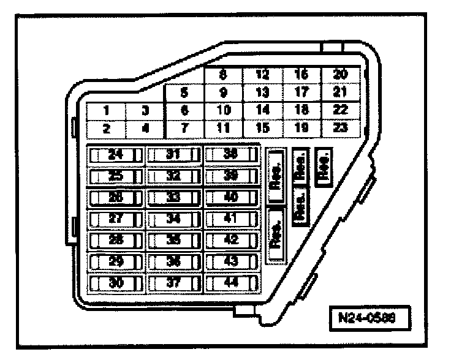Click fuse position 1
click(106, 111)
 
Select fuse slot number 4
click(145, 129)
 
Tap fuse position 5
click(184, 94)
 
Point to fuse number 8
click(223, 75)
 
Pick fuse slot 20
click(341, 75)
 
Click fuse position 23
click(341, 129)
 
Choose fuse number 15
click(262, 129)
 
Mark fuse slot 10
click(223, 111)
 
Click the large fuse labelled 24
click(116, 155)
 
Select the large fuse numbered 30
click(116, 283)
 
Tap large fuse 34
click(174, 219)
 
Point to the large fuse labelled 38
click(231, 155)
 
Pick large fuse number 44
click(231, 283)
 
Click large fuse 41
click(231, 219)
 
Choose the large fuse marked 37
click(174, 283)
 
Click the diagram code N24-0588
click(366, 318)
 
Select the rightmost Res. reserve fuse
click(323, 166)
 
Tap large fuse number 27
click(116, 219)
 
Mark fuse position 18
click(301, 111)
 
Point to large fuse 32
click(174, 176)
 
